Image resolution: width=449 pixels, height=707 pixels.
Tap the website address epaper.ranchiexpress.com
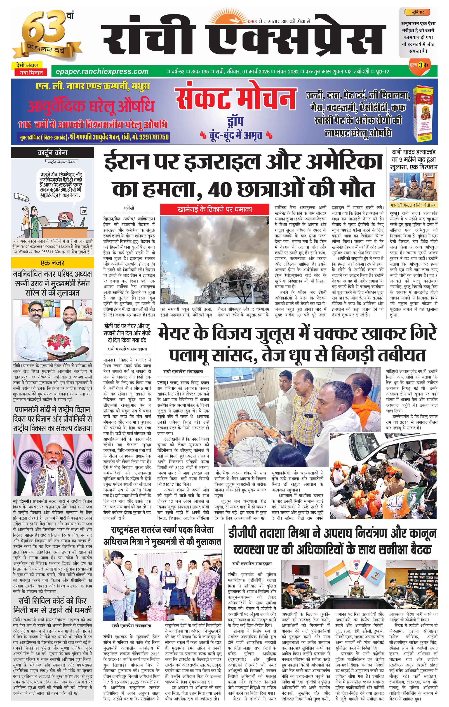[100, 71]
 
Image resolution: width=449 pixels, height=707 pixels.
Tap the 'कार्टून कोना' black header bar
[52, 153]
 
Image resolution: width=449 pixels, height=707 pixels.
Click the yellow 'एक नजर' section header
[52, 263]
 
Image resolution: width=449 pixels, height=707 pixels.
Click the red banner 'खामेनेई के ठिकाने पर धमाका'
[214, 210]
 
